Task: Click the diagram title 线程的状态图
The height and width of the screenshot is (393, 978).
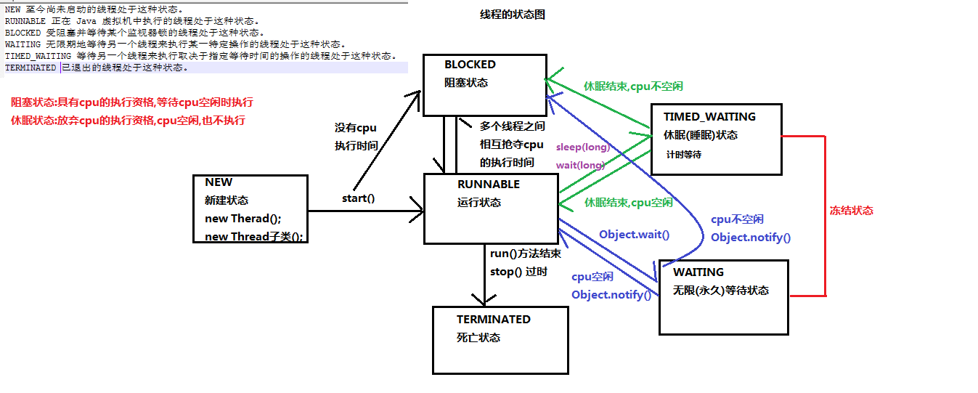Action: point(512,15)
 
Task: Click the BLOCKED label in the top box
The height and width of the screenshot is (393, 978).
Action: point(470,65)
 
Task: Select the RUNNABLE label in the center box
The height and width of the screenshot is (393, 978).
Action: point(488,185)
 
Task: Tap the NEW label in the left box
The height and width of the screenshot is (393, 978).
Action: point(219,182)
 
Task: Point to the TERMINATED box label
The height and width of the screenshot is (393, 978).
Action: point(493,320)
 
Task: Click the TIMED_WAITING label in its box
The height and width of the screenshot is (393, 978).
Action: point(709,116)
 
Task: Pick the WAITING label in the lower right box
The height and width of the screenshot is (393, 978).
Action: point(698,272)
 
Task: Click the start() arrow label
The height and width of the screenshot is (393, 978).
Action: point(358,198)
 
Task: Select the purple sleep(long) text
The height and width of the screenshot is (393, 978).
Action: point(582,147)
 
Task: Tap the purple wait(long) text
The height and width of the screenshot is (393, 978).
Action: point(580,165)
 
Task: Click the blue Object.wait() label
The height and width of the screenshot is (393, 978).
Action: point(634,235)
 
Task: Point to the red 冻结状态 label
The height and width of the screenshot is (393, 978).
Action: point(851,211)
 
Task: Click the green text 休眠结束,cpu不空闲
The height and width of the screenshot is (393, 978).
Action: point(633,86)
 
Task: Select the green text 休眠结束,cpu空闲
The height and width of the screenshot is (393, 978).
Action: point(628,203)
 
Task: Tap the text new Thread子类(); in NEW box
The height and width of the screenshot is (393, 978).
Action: point(254,237)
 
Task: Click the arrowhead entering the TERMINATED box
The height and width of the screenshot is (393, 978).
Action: point(479,301)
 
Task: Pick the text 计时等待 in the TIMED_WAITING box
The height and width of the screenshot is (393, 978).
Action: point(683,155)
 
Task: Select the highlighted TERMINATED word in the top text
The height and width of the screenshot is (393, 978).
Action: point(30,68)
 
